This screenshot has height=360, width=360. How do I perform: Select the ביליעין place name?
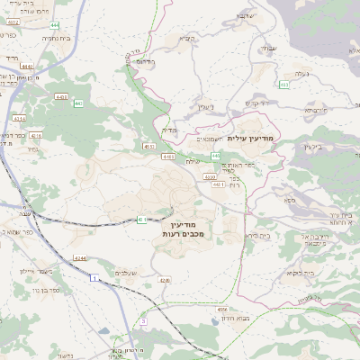(314, 146)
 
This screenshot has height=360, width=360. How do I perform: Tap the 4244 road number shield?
(80, 258)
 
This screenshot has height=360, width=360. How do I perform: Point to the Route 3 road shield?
(142, 320)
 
